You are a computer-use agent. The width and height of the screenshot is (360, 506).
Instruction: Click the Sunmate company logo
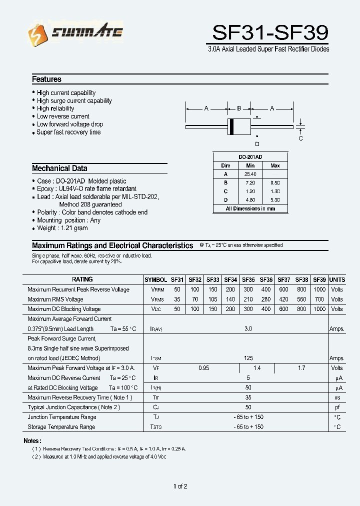pos(75,33)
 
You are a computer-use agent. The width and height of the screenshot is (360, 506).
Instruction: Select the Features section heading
pos(46,79)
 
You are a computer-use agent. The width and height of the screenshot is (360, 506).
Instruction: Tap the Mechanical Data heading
pos(59,168)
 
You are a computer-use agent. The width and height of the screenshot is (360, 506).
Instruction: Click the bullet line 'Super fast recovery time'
pos(68,132)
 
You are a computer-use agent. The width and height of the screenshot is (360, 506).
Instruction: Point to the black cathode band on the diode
pos(231,126)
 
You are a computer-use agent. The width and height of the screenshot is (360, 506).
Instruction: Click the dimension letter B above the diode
pos(239,108)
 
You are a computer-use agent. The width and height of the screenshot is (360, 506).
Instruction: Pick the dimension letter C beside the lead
pos(300,138)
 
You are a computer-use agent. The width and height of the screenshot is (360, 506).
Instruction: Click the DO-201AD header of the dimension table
pos(250,157)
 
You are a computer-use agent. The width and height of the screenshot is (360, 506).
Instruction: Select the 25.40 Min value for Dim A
pos(250,174)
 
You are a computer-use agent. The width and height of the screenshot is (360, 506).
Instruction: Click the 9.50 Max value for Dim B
pos(275,182)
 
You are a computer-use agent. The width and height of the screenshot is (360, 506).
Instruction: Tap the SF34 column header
pos(230,280)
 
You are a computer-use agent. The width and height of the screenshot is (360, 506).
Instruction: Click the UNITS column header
pos(337,280)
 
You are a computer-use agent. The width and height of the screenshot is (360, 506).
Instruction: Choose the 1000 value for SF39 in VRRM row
pos(319,289)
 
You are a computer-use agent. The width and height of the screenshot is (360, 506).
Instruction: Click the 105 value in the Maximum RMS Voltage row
pos(212,299)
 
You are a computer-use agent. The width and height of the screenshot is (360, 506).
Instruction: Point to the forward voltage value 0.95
pos(203,368)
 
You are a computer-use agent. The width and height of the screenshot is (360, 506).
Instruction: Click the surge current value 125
pos(248,358)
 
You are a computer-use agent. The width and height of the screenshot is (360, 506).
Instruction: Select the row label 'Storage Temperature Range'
pos(61,427)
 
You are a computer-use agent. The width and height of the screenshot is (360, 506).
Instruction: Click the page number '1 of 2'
pos(180,486)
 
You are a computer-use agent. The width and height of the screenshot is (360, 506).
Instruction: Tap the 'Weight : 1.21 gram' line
pos(62,228)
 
